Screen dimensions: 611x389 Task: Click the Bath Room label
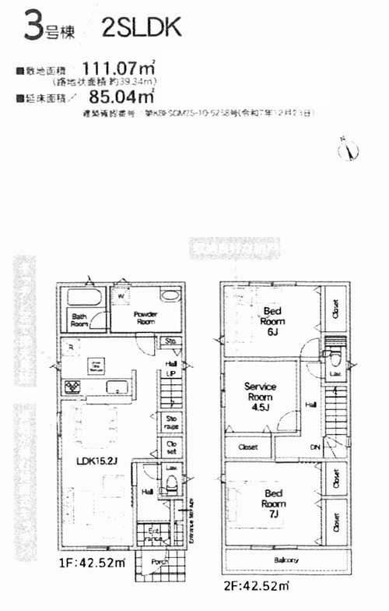(79, 319)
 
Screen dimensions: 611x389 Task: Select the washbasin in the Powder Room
(170, 295)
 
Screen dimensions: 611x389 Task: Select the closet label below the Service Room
(248, 447)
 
